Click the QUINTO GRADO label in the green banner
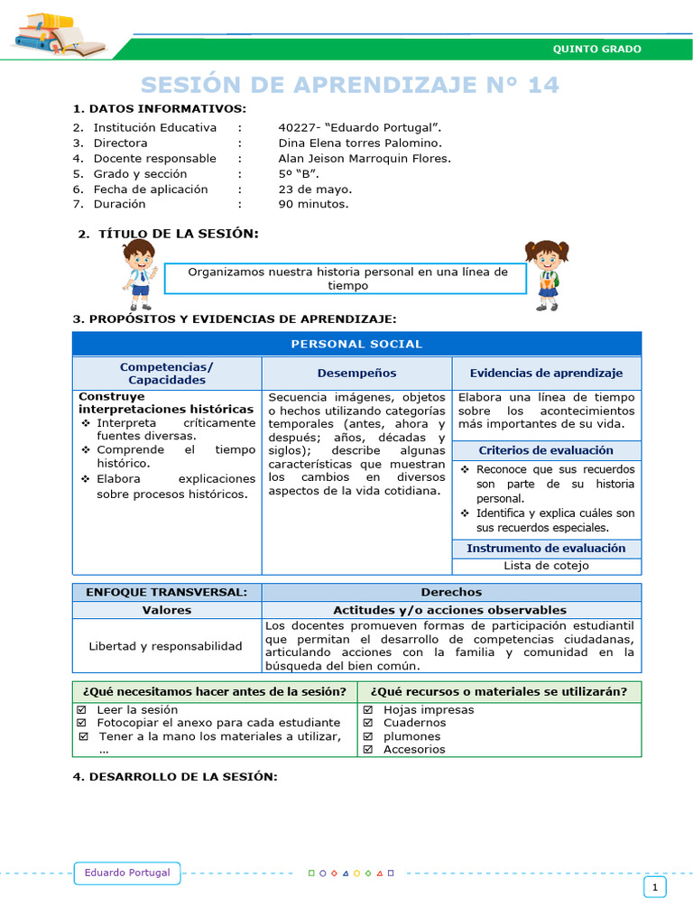pyautogui.click(x=596, y=49)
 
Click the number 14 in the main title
pyautogui.click(x=539, y=85)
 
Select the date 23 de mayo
pyautogui.click(x=315, y=189)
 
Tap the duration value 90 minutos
pyautogui.click(x=313, y=204)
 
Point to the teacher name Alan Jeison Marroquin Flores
pyautogui.click(x=365, y=158)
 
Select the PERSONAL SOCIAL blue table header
pyautogui.click(x=356, y=344)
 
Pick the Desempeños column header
pyautogui.click(x=356, y=373)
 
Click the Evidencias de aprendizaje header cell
pyautogui.click(x=546, y=373)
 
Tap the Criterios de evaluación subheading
pyautogui.click(x=546, y=450)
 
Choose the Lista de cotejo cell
pyautogui.click(x=546, y=566)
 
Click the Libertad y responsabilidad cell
pyautogui.click(x=166, y=646)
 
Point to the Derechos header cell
pyautogui.click(x=451, y=592)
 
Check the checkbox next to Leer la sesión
pyautogui.click(x=81, y=710)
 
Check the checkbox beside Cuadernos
pyautogui.click(x=368, y=723)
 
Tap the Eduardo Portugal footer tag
pyautogui.click(x=127, y=873)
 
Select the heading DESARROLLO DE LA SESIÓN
pyautogui.click(x=174, y=777)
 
